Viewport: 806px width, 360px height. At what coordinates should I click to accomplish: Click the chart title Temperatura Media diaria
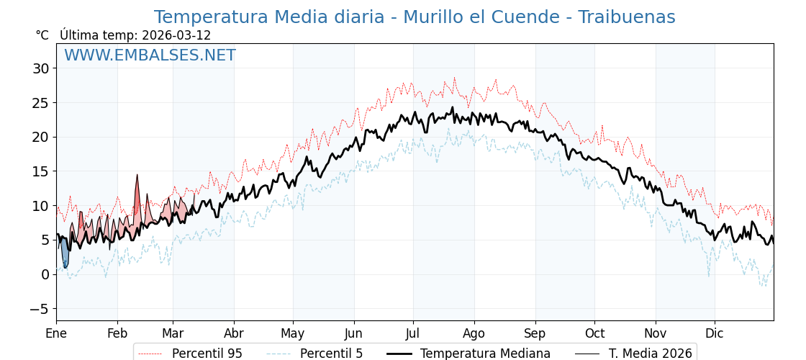click(415, 17)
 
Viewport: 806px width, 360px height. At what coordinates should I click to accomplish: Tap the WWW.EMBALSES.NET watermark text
click(150, 55)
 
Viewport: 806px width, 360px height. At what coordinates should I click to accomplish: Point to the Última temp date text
click(135, 35)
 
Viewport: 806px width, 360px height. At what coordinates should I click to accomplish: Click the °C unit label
click(42, 35)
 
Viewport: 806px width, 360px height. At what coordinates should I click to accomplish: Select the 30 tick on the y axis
click(40, 68)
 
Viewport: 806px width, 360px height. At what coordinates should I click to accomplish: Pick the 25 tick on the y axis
click(40, 103)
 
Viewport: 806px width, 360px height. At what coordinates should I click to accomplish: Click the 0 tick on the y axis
click(45, 274)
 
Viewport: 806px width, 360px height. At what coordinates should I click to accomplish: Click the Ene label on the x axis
click(56, 333)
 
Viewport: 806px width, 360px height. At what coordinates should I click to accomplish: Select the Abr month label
click(234, 333)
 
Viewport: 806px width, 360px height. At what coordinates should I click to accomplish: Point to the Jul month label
click(413, 333)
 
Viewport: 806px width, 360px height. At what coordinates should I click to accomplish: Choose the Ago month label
click(474, 333)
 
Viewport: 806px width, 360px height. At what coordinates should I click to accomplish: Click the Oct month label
click(594, 333)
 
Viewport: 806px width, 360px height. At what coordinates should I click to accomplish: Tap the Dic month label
click(715, 333)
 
